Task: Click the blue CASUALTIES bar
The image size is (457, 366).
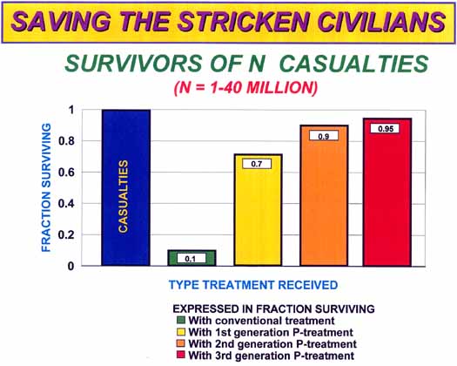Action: pos(126,187)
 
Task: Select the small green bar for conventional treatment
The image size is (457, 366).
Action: pos(192,258)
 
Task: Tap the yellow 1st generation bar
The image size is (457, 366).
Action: pos(259,210)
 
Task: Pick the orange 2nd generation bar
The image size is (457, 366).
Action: pos(324,195)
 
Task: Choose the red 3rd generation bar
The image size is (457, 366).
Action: pos(387,192)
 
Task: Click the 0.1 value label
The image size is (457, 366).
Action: pos(192,259)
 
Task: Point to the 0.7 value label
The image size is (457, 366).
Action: pos(257,164)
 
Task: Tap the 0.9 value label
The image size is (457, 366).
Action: pos(324,136)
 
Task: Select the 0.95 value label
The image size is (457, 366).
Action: pos(385,129)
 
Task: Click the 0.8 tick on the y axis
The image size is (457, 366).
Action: pos(67,141)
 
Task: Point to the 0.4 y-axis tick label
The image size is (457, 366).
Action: pos(67,204)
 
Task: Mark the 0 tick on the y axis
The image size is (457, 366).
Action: pos(71,266)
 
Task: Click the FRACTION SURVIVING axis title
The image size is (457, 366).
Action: pos(46,187)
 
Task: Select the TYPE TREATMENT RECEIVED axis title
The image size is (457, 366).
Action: pos(253,285)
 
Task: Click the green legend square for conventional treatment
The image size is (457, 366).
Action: pos(181,320)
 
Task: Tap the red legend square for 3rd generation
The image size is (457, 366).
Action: pos(181,355)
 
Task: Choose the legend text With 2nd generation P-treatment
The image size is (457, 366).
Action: pos(272,344)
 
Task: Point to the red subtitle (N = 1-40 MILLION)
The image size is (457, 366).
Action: pos(245,87)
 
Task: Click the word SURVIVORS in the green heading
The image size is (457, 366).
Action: pos(133,64)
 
